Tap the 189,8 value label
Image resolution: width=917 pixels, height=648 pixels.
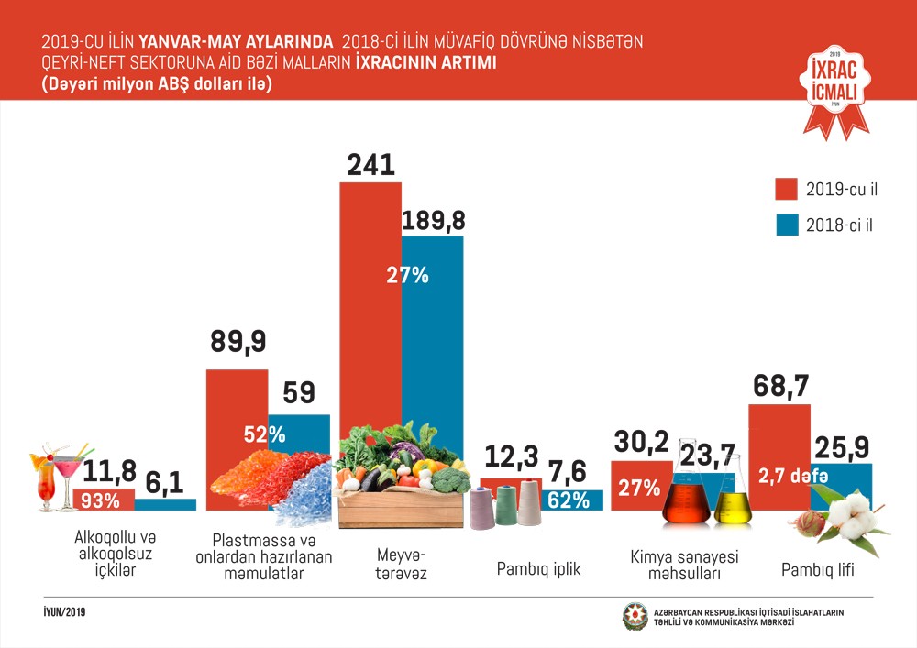pos(433,220)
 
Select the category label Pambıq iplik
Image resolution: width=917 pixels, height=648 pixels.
pos(538,568)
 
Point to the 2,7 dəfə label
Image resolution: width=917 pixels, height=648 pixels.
pos(793,476)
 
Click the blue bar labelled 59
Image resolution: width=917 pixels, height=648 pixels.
pos(299,435)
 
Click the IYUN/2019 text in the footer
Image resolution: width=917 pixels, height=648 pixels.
pos(65,610)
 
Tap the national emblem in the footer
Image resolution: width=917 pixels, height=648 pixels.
pos(635,617)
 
